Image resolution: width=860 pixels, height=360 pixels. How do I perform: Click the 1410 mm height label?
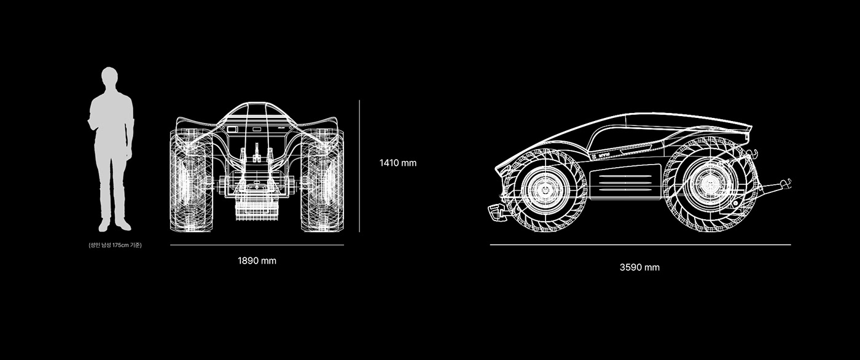(x=397, y=163)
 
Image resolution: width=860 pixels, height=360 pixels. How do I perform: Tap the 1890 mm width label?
(x=257, y=260)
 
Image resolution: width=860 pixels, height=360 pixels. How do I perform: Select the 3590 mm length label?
(x=639, y=267)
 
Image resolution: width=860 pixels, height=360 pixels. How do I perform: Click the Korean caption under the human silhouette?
(x=115, y=246)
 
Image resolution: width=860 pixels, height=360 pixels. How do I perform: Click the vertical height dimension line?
(x=359, y=166)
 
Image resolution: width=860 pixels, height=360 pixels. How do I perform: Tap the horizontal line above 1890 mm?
(x=257, y=245)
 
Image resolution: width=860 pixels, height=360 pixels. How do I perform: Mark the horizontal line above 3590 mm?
(x=639, y=245)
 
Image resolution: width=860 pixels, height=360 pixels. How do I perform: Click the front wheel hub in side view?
(x=544, y=190)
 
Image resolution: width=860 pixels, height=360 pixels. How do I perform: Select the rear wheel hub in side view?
(x=710, y=184)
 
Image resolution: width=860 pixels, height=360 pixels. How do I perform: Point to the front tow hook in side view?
(x=496, y=213)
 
